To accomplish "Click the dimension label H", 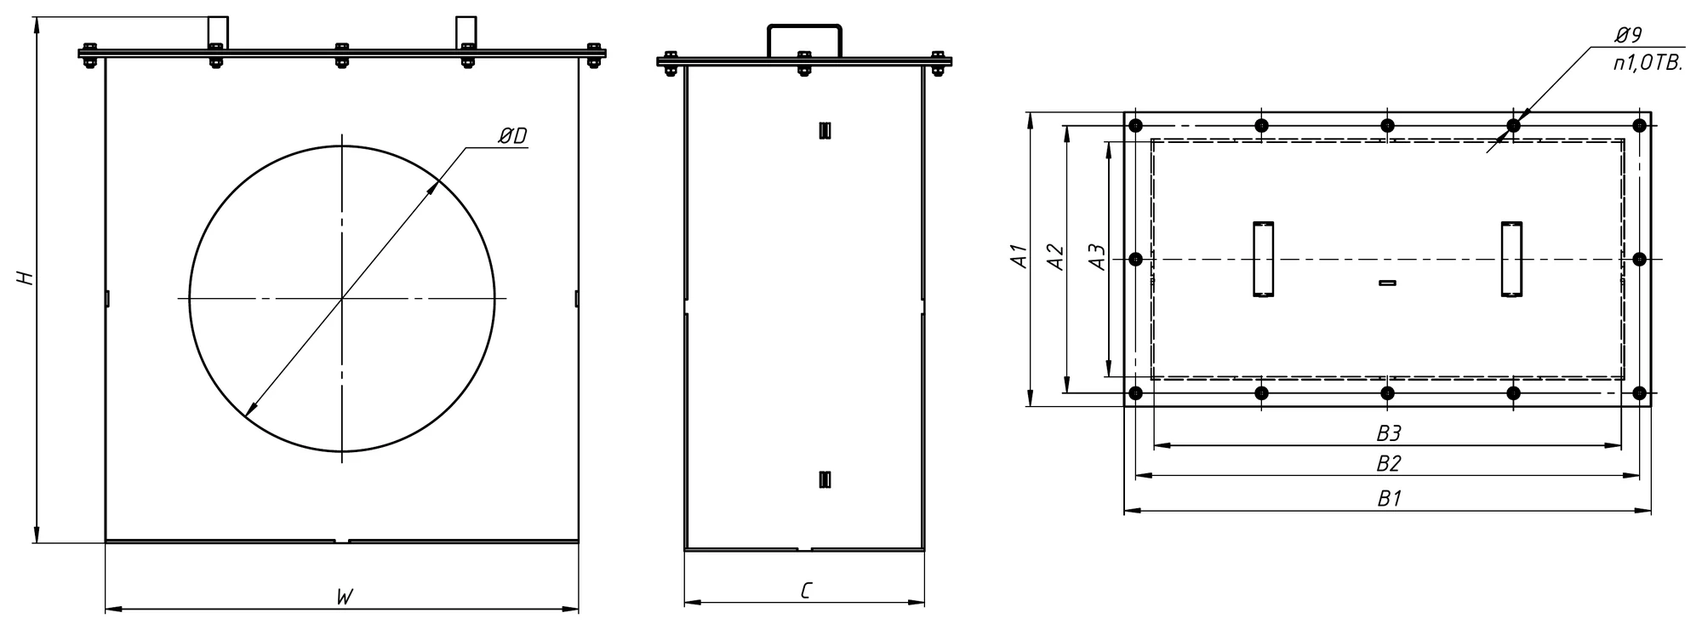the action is click(x=26, y=278).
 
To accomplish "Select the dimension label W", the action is click(x=343, y=597).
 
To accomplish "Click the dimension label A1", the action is click(x=1019, y=257).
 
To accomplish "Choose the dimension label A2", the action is click(x=1054, y=257).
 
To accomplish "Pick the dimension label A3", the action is click(x=1098, y=257).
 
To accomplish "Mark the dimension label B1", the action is click(x=1389, y=498).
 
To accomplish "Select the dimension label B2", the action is click(x=1389, y=464).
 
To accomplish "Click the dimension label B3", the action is click(x=1389, y=433).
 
